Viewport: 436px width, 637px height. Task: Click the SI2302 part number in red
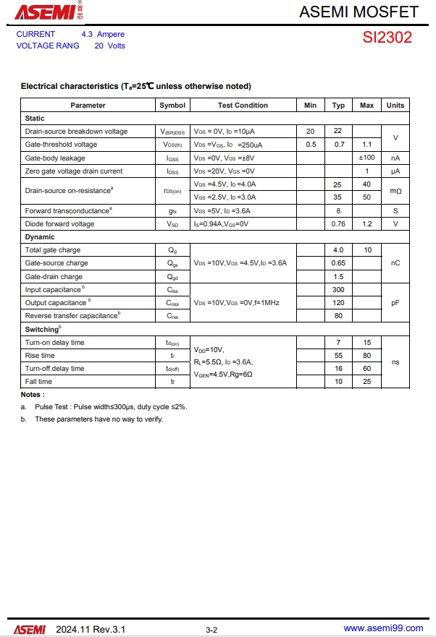tap(387, 38)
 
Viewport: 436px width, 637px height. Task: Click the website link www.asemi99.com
tap(382, 629)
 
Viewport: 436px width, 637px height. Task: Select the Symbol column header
tap(172, 106)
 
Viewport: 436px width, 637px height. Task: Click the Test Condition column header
tap(243, 106)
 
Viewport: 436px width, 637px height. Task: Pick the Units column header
tap(395, 106)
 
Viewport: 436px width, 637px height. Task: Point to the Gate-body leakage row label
tap(55, 158)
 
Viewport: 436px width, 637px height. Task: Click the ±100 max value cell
tap(366, 158)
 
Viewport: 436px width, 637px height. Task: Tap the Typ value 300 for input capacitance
tap(338, 289)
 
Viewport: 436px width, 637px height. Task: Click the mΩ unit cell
tap(395, 191)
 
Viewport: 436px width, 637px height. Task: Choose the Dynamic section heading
tap(40, 237)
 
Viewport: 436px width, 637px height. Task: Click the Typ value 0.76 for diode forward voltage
tap(338, 224)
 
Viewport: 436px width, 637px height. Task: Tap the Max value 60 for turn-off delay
tap(366, 369)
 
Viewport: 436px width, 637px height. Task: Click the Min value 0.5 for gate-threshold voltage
tap(311, 145)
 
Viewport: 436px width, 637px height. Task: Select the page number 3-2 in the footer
tap(211, 630)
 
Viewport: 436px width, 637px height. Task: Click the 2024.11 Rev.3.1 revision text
tap(91, 629)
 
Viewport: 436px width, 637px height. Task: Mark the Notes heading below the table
tap(33, 395)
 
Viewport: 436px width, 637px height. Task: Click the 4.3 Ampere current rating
tap(103, 34)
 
